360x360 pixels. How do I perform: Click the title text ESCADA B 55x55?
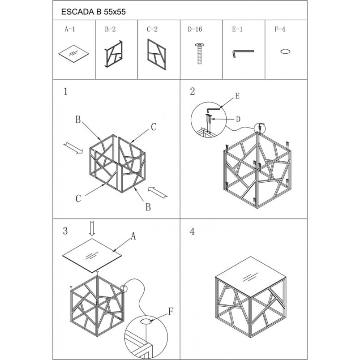pyautogui.click(x=93, y=12)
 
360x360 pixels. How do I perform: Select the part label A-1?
pyautogui.click(x=70, y=29)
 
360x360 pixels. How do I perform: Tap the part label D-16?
pyautogui.click(x=195, y=29)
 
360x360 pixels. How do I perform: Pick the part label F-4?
pyautogui.click(x=280, y=29)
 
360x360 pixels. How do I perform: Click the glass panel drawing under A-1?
pyautogui.click(x=74, y=54)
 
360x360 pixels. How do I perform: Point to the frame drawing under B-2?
pyautogui.click(x=113, y=54)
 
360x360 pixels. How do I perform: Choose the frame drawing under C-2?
pyautogui.click(x=157, y=54)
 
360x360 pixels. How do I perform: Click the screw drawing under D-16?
pyautogui.click(x=200, y=53)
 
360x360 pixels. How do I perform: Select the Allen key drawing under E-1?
pyautogui.click(x=243, y=51)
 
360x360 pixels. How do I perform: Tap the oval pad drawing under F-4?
pyautogui.click(x=285, y=51)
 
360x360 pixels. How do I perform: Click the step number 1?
pyautogui.click(x=66, y=92)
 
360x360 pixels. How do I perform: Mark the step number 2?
pyautogui.click(x=193, y=91)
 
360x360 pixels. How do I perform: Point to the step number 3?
pyautogui.click(x=65, y=231)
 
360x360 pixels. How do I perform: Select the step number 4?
pyautogui.click(x=192, y=231)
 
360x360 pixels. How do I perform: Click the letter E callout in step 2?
pyautogui.click(x=237, y=96)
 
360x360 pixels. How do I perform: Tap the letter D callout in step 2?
pyautogui.click(x=238, y=119)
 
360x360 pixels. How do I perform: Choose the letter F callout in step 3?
pyautogui.click(x=170, y=312)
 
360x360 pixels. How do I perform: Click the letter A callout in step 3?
pyautogui.click(x=133, y=236)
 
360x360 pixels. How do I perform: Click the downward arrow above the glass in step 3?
pyautogui.click(x=92, y=229)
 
